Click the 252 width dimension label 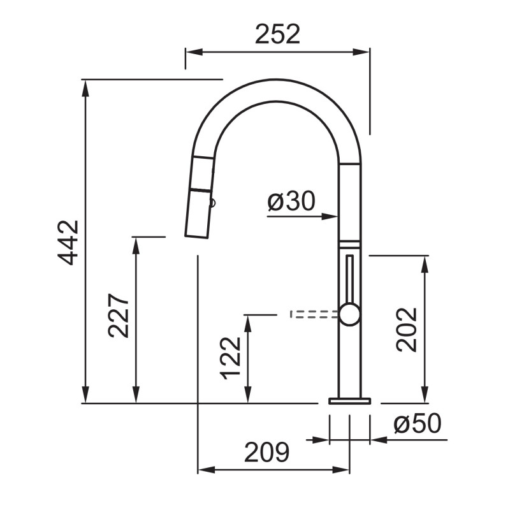coord(277,34)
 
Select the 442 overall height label coord(68,243)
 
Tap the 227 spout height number coord(119,316)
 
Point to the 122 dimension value coord(230,358)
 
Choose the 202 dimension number coord(407,330)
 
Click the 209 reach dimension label coord(266,452)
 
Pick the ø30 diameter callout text coord(291,201)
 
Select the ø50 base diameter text coord(418,423)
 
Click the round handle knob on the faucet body coord(349,314)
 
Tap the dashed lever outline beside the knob coord(314,314)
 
